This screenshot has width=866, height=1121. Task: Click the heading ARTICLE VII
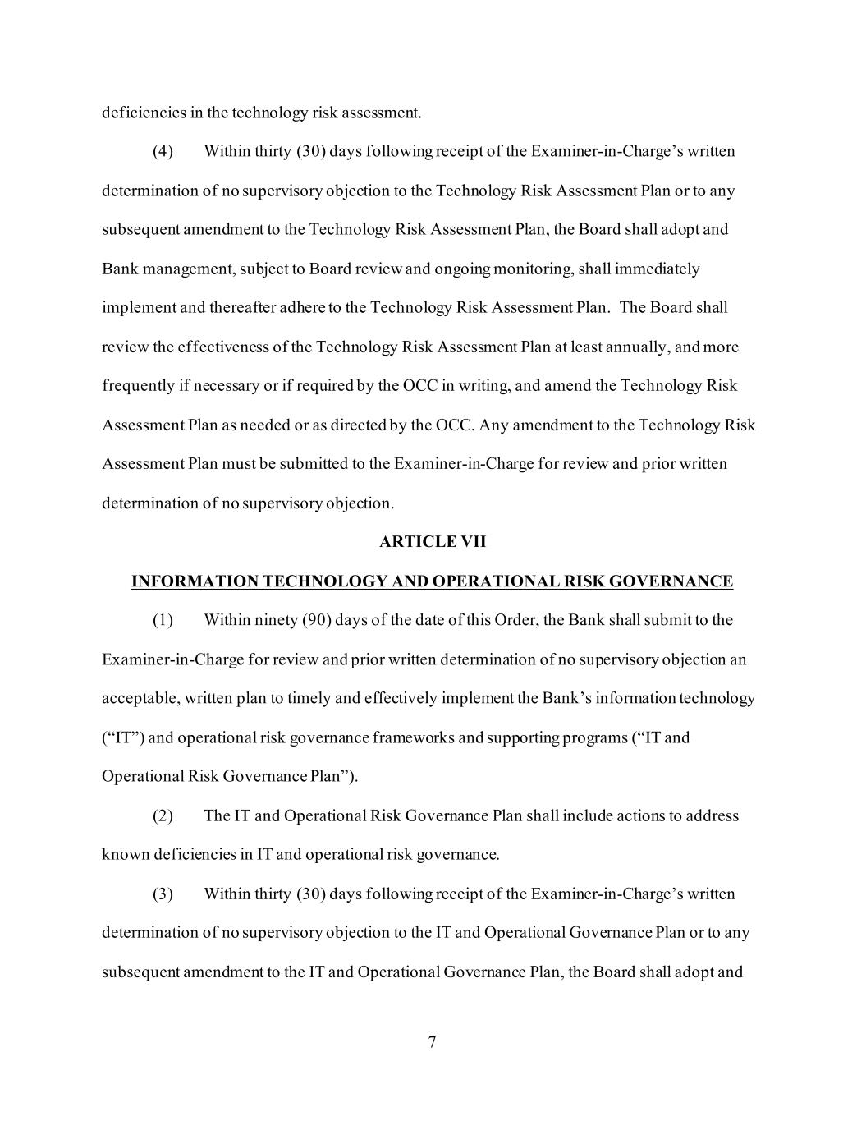click(x=433, y=542)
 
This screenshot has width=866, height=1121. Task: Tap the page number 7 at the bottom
click(x=433, y=1043)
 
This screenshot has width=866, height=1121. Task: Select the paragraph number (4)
click(x=163, y=151)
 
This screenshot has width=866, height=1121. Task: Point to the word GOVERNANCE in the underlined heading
click(x=681, y=581)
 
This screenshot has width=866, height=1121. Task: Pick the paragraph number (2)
click(x=163, y=816)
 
